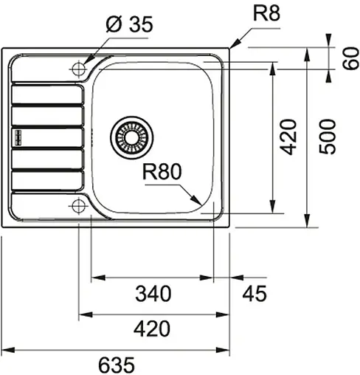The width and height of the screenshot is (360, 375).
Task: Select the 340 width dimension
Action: point(153,293)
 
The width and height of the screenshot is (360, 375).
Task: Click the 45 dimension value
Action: point(252,293)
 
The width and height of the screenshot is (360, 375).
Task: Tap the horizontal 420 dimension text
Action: point(153,328)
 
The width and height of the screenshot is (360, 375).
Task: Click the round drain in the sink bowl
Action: point(134,137)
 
